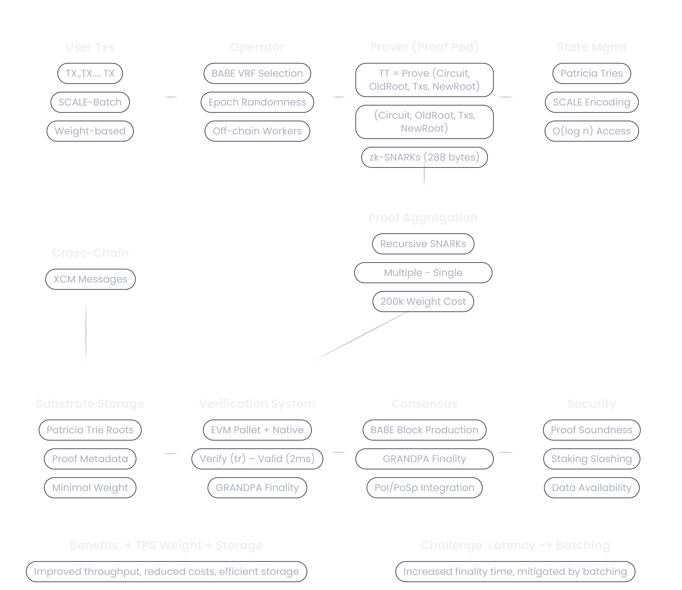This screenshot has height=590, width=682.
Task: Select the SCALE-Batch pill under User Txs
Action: coord(90,102)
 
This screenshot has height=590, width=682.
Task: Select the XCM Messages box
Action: coord(90,279)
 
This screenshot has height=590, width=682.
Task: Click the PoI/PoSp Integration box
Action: coord(424,488)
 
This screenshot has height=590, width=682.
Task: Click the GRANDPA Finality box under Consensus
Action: coord(424,459)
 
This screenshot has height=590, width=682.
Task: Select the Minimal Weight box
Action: coord(90,488)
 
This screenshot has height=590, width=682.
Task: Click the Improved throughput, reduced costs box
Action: coord(166,572)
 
